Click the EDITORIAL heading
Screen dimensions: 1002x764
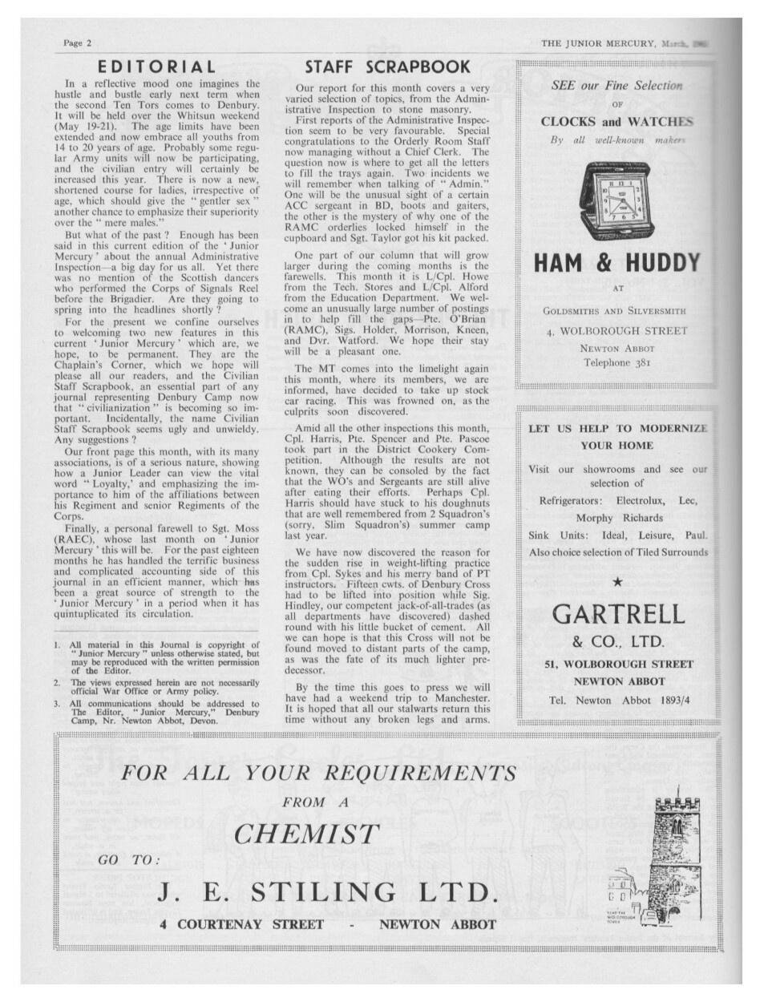coord(156,67)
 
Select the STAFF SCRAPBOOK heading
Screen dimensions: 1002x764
coord(387,67)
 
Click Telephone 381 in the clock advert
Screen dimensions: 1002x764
coord(616,362)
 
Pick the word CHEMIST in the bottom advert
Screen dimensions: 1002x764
coord(305,834)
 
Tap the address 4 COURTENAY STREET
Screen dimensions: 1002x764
coord(241,924)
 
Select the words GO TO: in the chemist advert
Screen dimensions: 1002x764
coord(128,860)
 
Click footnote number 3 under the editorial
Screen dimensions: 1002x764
coord(58,704)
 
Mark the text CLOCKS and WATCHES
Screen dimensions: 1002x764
coord(616,122)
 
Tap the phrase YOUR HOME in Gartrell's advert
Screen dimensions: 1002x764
coord(616,445)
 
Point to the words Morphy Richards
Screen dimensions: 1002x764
coord(619,518)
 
